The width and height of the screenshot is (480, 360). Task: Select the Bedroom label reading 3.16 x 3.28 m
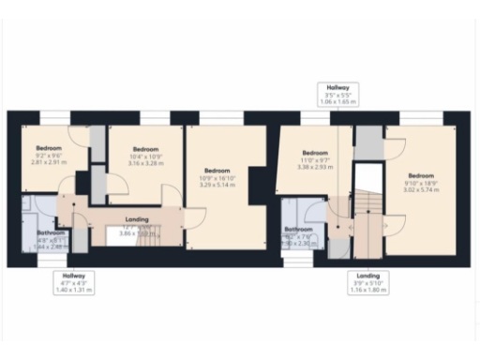144,155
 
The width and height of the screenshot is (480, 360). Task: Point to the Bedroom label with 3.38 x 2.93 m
315,158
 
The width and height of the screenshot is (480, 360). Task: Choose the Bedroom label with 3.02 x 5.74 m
421,182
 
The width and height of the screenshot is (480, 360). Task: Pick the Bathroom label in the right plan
298,234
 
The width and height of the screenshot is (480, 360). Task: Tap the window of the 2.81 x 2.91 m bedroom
54,117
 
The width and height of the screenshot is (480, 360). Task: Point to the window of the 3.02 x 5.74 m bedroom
421,117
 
